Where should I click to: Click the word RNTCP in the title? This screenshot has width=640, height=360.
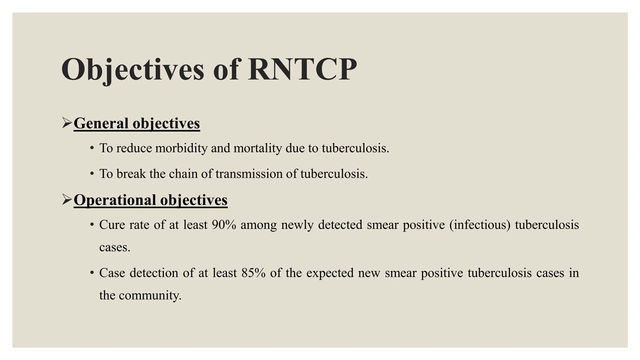click(x=302, y=69)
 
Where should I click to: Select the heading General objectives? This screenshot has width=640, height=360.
click(x=137, y=123)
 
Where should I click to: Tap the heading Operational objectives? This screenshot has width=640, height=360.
click(x=150, y=200)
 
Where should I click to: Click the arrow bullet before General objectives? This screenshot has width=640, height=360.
click(x=67, y=123)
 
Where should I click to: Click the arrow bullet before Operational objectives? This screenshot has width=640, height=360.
click(x=67, y=200)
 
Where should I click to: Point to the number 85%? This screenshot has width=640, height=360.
click(x=253, y=273)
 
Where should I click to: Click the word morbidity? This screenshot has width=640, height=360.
click(x=181, y=148)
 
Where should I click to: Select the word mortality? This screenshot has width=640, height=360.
click(x=258, y=148)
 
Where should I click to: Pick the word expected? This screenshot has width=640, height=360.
click(x=330, y=273)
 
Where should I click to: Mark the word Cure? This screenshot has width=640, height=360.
click(x=112, y=225)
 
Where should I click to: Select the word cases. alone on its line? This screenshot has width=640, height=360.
click(x=114, y=247)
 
